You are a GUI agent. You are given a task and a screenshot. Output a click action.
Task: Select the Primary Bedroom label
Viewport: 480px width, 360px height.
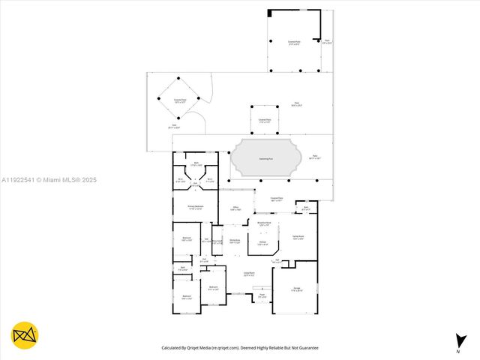coord(194,207)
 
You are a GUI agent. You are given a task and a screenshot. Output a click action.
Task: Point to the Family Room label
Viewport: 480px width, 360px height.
coord(298,237)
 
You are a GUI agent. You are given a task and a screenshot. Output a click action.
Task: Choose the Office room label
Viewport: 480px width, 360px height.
coord(235,209)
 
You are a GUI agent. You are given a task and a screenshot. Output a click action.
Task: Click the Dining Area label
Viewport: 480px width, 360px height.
coord(235,241)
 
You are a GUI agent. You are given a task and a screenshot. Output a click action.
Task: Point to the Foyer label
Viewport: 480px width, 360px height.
coord(262,295)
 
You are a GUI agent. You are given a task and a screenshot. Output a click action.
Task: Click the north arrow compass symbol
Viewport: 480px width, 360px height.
coord(459,341)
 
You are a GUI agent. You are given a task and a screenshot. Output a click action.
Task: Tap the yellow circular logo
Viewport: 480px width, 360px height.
coord(25,335)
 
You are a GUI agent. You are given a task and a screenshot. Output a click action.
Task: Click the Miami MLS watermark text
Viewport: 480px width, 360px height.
coord(49,180)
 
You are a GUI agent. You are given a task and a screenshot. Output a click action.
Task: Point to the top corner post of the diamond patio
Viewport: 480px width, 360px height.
coord(178,78)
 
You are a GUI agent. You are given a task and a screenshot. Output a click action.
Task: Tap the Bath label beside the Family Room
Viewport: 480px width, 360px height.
coord(306,208)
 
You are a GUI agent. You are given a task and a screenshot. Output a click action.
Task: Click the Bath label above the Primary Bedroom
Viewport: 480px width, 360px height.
coord(196,163)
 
